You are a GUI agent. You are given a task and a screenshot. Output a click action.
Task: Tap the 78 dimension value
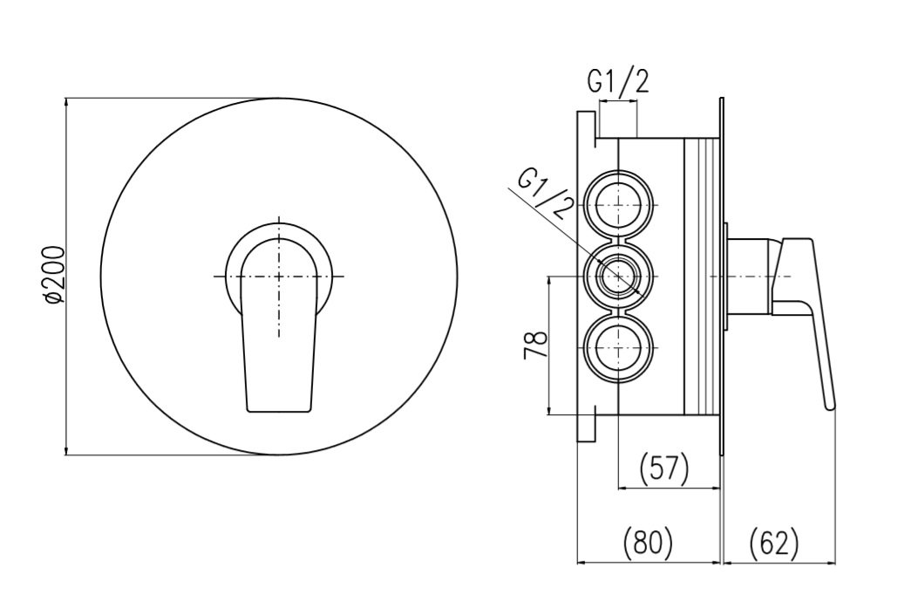click(x=535, y=346)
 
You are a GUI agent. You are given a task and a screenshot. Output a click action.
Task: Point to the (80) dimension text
click(x=648, y=543)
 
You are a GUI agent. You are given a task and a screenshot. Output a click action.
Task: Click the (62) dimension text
click(x=774, y=543)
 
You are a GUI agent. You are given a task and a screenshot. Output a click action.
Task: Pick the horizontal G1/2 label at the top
click(x=619, y=83)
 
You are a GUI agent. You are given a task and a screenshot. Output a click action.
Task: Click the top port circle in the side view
click(x=618, y=205)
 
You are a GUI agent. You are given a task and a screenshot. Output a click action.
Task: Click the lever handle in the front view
click(x=280, y=325)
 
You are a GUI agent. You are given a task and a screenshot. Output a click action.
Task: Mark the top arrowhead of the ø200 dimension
click(x=67, y=104)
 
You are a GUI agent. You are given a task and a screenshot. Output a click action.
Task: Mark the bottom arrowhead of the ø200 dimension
click(x=67, y=448)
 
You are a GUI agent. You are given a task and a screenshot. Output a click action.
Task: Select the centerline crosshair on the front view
click(x=279, y=277)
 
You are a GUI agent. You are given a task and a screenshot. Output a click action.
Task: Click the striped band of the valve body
click(x=701, y=276)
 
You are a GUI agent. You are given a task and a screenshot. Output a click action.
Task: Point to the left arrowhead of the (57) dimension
click(x=625, y=489)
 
